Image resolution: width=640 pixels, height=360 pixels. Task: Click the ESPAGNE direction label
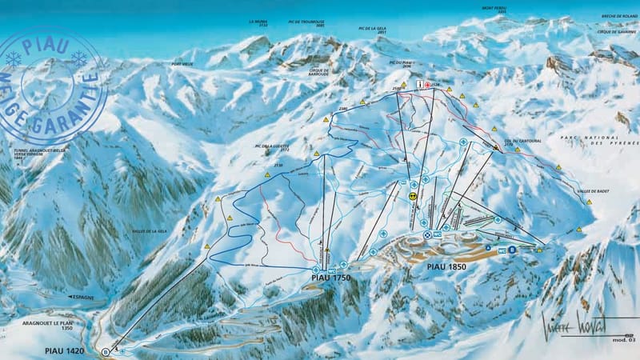tap(82, 297)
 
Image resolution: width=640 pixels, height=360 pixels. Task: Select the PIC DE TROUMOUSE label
tap(309, 23)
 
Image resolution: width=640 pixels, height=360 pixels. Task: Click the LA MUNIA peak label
tap(258, 23)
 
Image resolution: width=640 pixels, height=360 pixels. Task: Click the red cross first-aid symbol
tap(428, 84)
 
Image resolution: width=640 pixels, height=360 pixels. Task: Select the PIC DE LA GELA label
tap(374, 30)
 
